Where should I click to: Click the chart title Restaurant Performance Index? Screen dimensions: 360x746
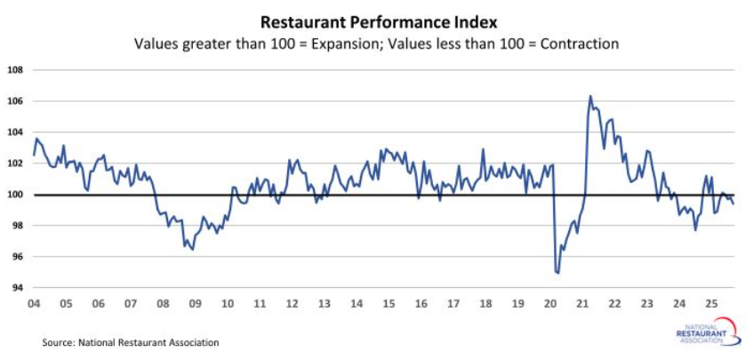click(373, 19)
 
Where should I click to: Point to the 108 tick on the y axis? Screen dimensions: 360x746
click(15, 69)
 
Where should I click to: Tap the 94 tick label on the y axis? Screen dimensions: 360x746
click(17, 288)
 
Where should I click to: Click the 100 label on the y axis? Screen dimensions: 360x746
click(15, 195)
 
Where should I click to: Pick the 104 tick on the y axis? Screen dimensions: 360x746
click(15, 132)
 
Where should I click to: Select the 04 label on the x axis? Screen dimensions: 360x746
click(34, 304)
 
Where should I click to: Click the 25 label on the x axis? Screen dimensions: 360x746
click(710, 304)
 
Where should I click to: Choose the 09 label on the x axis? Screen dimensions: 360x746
click(195, 304)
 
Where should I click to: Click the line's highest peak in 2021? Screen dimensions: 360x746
click(590, 96)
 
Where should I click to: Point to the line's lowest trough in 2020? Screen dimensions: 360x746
click(557, 273)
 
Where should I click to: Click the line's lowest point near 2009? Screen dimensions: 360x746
click(192, 250)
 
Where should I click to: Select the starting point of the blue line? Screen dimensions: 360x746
click(34, 155)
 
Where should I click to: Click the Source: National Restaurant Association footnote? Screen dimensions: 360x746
click(130, 341)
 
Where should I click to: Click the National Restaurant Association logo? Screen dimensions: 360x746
click(705, 335)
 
